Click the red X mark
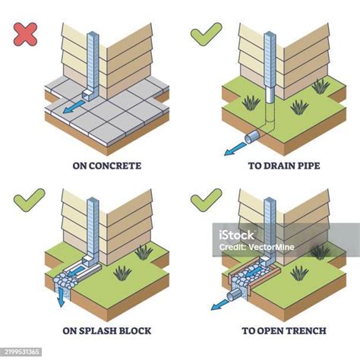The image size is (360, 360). (x=25, y=34)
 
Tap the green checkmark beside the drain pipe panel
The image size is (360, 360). (x=206, y=34)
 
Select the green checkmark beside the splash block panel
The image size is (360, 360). (x=29, y=200)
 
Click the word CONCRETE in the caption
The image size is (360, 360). (x=115, y=166)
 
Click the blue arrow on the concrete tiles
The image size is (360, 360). (x=73, y=106)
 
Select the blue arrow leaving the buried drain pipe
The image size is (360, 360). (x=235, y=149)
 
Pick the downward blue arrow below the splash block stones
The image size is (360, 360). (x=61, y=298)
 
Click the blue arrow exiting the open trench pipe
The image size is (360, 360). (x=219, y=305)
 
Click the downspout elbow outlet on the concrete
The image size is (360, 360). (x=87, y=95)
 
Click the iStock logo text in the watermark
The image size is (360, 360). (x=236, y=235)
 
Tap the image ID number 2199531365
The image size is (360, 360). (x=22, y=352)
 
